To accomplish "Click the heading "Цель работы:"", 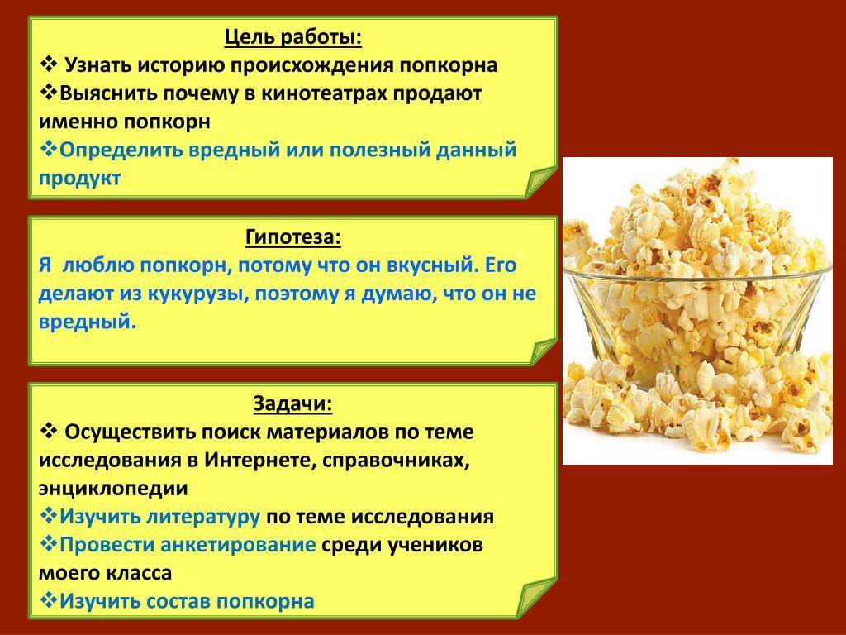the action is tap(293, 38).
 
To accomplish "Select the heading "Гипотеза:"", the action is tap(293, 237).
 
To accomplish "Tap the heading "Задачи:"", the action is tap(293, 403).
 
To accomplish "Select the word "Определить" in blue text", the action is tap(121, 150).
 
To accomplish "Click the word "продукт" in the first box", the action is tap(80, 179).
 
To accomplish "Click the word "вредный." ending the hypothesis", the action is tap(88, 322).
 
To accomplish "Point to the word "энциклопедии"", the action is tap(113, 489).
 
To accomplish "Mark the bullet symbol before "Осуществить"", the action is tap(49, 431).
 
